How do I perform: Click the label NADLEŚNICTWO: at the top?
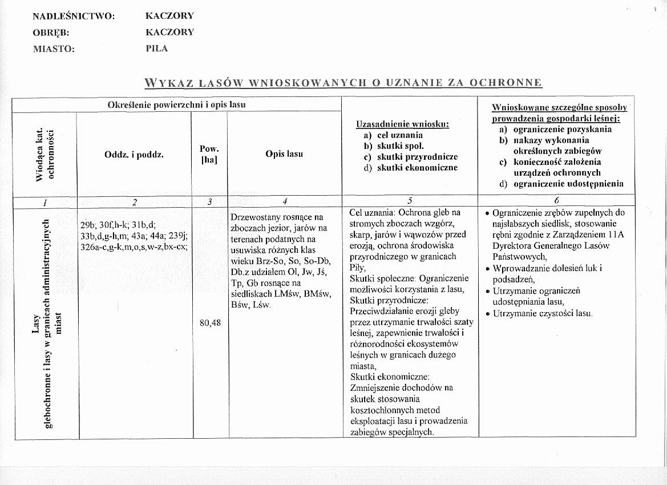tap(74, 16)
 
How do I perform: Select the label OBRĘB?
tap(51, 33)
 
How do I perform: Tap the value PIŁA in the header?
tap(157, 48)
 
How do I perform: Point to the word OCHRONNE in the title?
tap(505, 83)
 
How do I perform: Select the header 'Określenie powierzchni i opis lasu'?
tap(176, 105)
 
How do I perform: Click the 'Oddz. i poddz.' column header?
tap(134, 154)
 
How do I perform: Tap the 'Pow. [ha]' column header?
tap(209, 154)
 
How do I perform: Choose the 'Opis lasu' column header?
tap(284, 154)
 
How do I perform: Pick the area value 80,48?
tap(210, 323)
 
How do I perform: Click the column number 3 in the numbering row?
tap(209, 201)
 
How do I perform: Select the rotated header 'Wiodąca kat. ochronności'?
tap(45, 154)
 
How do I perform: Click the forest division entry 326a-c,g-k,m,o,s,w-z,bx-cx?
tap(135, 246)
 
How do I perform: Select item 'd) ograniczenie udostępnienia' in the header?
tap(561, 184)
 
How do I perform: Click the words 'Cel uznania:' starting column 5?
tap(369, 213)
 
